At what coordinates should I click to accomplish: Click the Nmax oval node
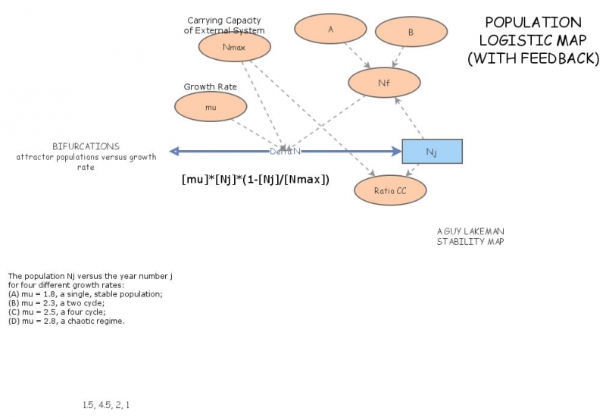[234, 47]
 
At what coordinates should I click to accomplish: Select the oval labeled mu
[211, 108]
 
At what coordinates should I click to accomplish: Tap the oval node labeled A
[330, 30]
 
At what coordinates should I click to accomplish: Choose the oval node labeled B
[411, 33]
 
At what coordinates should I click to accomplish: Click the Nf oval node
[383, 83]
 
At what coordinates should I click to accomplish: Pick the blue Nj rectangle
[431, 152]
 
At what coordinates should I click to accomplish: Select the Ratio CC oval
[390, 191]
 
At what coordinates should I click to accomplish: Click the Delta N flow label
[286, 152]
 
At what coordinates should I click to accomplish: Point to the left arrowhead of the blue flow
[174, 152]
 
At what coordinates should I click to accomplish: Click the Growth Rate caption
[210, 87]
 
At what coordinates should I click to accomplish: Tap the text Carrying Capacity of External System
[226, 25]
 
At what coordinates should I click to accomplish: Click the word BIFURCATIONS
[86, 146]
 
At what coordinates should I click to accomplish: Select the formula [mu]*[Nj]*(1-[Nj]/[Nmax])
[255, 180]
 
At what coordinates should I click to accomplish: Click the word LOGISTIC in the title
[533, 40]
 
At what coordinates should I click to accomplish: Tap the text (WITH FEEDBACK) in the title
[533, 58]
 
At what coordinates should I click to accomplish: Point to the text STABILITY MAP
[470, 242]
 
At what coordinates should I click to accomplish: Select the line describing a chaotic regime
[66, 321]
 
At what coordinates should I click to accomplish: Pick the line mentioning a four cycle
[57, 312]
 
